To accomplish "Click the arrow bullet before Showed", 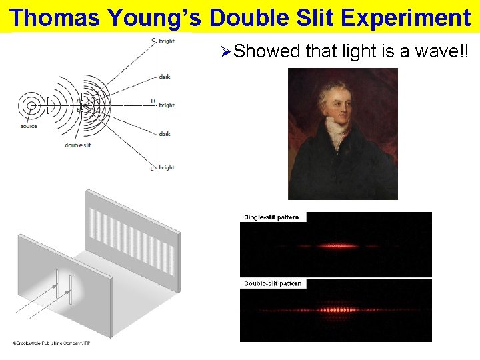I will [225, 51].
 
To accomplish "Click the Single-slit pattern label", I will [272, 217].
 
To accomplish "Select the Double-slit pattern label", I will [273, 283].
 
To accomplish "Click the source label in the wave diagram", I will [29, 127].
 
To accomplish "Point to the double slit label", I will [78, 145].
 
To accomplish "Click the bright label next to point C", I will [167, 41].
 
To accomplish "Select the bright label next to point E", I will [167, 167].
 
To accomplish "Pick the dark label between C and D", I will [165, 77].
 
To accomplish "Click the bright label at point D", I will [167, 105].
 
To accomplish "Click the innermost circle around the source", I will [29, 105].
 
